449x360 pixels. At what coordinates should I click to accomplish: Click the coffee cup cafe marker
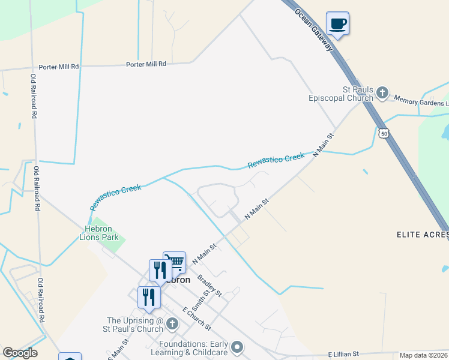click(337, 24)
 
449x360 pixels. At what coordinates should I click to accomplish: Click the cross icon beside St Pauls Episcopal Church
click(382, 94)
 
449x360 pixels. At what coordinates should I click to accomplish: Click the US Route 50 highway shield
click(383, 133)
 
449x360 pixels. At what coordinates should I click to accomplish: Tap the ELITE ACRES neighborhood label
click(423, 234)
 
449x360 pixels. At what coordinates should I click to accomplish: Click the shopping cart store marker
click(174, 262)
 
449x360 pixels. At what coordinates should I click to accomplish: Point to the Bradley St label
click(209, 286)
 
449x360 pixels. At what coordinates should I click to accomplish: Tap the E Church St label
click(196, 318)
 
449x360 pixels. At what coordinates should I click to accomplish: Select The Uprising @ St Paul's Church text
click(134, 325)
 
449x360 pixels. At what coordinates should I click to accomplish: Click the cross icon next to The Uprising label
click(172, 325)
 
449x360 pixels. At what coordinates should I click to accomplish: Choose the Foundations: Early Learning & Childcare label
click(194, 348)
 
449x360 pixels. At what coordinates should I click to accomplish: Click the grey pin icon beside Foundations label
click(238, 347)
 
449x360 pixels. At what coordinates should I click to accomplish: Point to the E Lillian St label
click(343, 354)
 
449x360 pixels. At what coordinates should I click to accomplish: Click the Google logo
click(20, 353)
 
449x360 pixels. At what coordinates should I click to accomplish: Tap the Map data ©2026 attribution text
click(424, 355)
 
